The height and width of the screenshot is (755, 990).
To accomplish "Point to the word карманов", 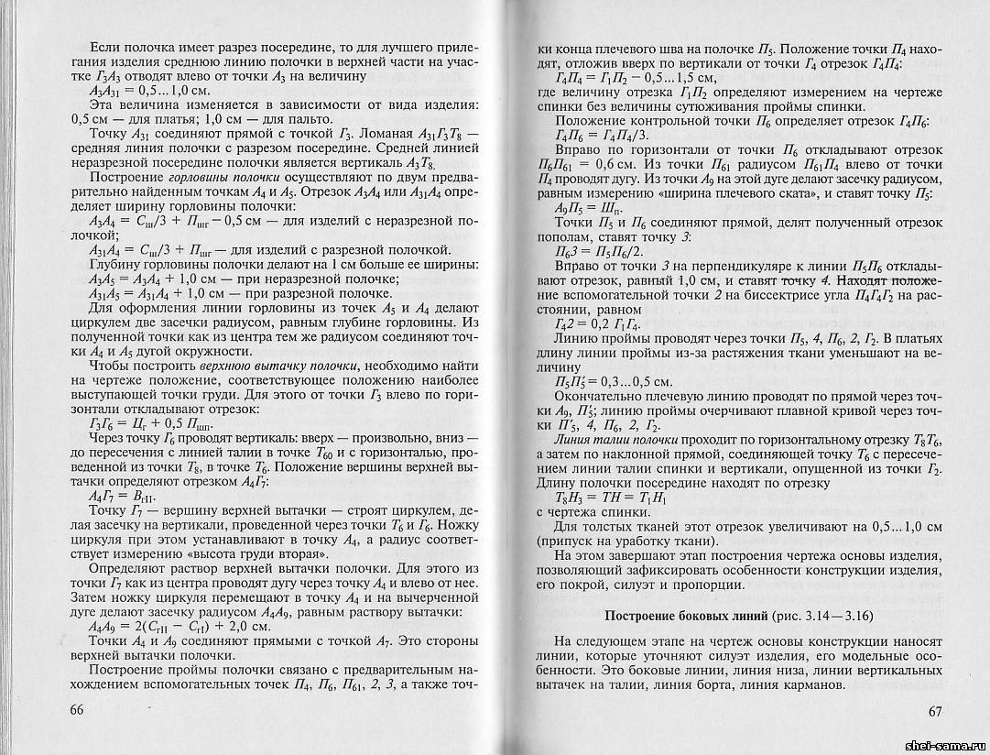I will pos(808,687).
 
